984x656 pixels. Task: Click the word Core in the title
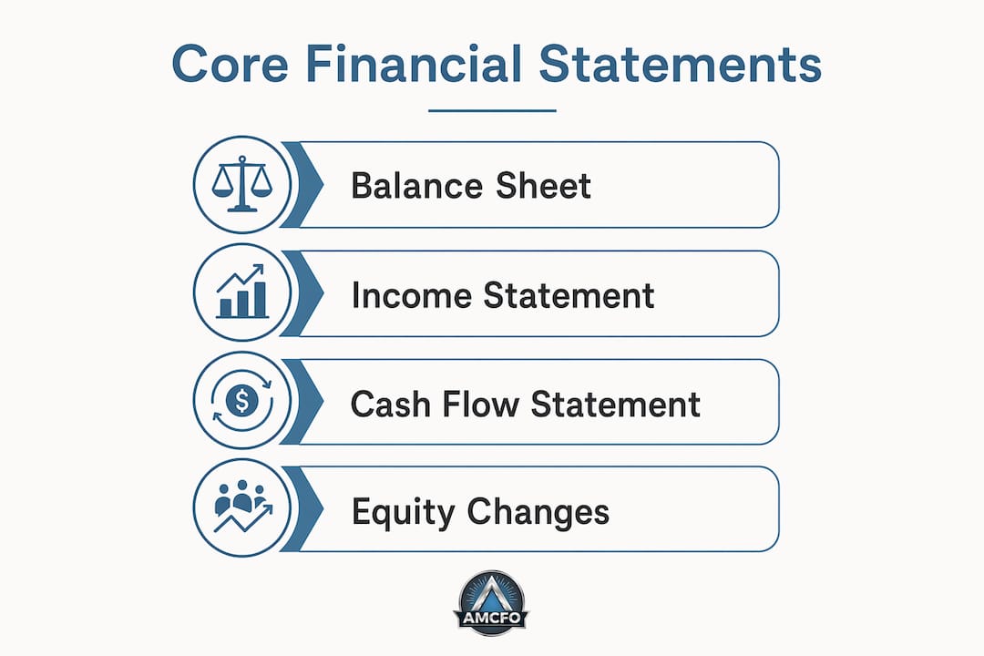(230, 64)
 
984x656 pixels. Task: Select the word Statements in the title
(681, 64)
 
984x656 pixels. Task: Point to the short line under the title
(493, 110)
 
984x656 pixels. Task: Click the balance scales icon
(242, 184)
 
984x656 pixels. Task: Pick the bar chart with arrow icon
(241, 292)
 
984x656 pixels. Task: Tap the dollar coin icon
(242, 400)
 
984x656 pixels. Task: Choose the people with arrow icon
(243, 507)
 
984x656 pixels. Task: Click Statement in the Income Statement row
(569, 295)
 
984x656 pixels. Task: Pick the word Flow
(481, 404)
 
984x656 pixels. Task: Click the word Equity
(403, 513)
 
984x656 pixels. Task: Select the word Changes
(538, 513)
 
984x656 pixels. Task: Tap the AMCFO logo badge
(491, 603)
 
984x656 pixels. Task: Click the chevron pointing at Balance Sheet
(302, 185)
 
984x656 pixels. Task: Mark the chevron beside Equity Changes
(302, 509)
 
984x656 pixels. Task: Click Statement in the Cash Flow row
(616, 404)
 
